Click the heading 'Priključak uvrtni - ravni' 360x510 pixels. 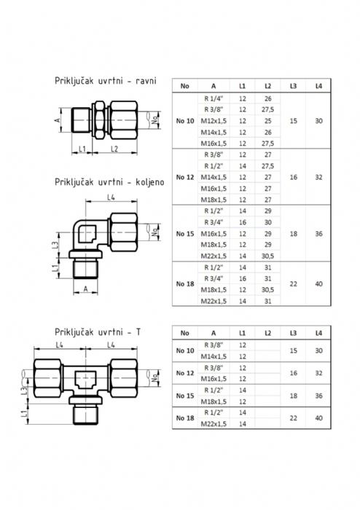[106, 81]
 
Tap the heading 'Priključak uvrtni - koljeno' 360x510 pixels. [109, 182]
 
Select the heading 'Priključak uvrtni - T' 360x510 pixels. [98, 332]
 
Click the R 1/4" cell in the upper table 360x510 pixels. [214, 98]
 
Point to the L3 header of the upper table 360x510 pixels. [294, 86]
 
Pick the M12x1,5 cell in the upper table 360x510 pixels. [214, 121]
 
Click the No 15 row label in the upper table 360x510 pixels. [185, 234]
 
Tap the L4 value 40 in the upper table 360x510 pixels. [318, 284]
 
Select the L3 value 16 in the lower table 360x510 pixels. [294, 373]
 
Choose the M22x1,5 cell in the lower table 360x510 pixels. [214, 424]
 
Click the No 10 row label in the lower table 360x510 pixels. [185, 350]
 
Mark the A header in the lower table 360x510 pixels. [214, 333]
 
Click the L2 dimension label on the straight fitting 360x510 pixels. [114, 149]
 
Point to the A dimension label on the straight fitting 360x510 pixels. [58, 120]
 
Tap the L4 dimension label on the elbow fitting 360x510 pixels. [111, 197]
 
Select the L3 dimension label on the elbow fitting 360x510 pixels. [55, 245]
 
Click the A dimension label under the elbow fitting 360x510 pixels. [85, 289]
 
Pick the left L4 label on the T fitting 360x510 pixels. [59, 345]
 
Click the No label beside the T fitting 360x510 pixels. [154, 377]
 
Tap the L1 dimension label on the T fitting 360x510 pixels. [24, 414]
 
